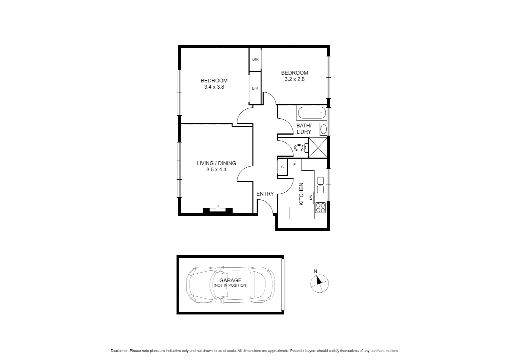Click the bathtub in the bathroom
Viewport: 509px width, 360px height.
(312, 113)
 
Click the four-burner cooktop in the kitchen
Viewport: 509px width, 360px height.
(320, 208)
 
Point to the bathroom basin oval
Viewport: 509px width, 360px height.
(323, 129)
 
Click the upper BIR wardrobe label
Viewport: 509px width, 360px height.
(255, 59)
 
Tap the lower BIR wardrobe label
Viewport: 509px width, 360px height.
(255, 88)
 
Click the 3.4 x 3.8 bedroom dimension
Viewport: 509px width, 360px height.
(214, 87)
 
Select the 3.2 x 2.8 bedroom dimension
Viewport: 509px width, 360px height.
(294, 79)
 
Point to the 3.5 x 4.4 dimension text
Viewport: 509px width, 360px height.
(216, 170)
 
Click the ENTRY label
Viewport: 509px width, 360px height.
(265, 194)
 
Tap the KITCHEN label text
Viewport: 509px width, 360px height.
(301, 194)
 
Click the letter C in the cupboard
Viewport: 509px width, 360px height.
(282, 167)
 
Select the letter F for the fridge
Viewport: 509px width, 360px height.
(294, 165)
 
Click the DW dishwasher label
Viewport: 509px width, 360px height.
(310, 198)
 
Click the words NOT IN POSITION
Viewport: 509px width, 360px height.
(231, 286)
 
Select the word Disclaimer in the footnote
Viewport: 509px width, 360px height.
(119, 351)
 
